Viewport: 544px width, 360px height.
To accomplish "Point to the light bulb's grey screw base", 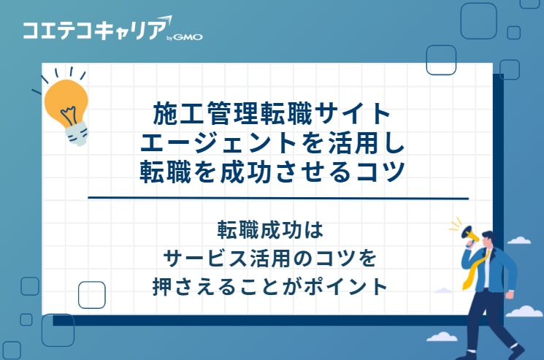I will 77,132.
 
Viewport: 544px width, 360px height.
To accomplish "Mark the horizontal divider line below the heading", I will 277,198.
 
